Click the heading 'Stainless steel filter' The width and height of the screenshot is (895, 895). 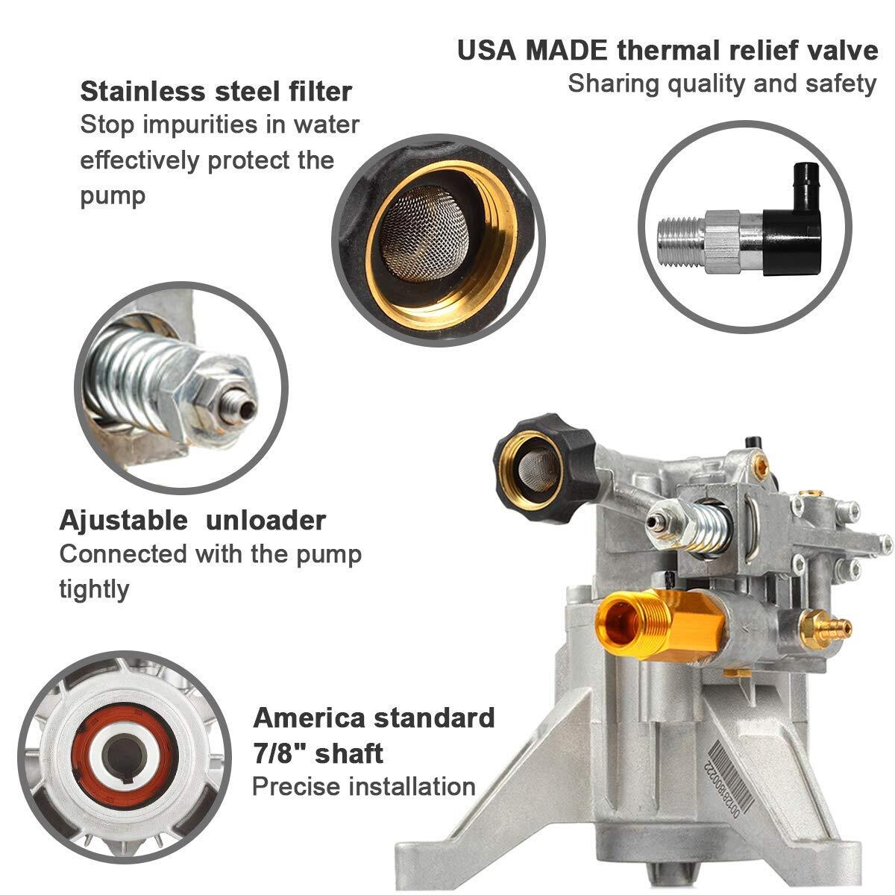click(216, 92)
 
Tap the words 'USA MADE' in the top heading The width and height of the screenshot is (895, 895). click(533, 51)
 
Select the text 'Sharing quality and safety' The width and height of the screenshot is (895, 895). click(722, 84)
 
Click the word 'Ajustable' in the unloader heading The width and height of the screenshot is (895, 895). click(124, 521)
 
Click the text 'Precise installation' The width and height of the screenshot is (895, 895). click(364, 787)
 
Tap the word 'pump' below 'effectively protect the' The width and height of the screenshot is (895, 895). click(113, 197)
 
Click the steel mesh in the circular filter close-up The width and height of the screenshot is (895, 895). click(424, 233)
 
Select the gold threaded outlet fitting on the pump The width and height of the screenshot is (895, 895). click(659, 621)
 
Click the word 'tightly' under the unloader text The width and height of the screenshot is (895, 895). click(94, 590)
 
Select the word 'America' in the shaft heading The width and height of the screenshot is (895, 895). click(309, 717)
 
